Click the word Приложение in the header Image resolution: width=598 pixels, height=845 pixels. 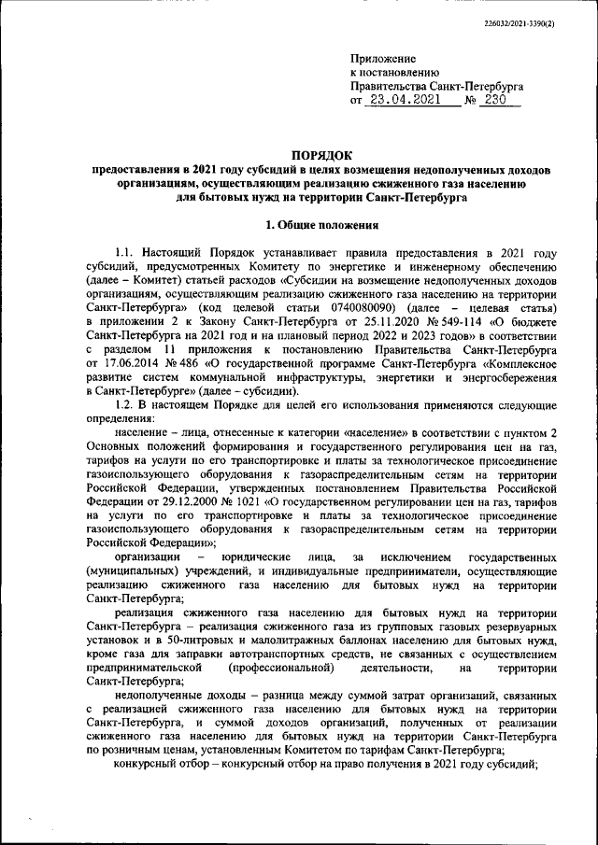(x=383, y=59)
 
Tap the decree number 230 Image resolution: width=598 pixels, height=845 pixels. (x=501, y=99)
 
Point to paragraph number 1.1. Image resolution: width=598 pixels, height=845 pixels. (x=125, y=253)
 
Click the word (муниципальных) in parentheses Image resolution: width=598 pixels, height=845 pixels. (x=130, y=570)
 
